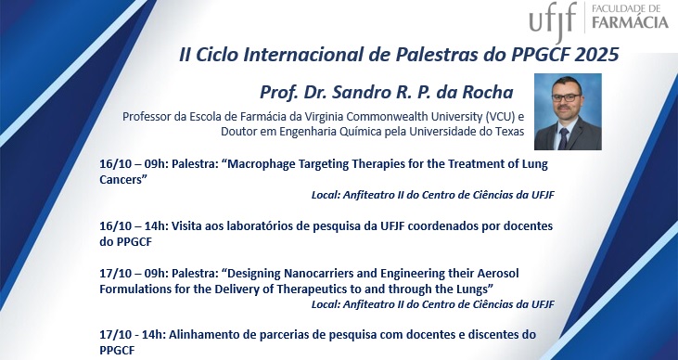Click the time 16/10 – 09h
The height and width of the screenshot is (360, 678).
[134, 164]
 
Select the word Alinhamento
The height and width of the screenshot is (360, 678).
[208, 334]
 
